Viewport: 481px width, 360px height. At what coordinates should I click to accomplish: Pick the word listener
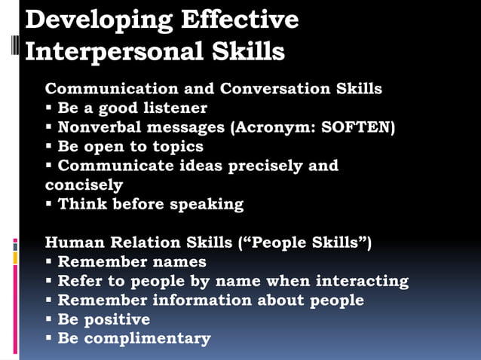click(x=173, y=108)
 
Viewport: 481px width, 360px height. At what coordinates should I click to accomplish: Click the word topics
click(x=176, y=146)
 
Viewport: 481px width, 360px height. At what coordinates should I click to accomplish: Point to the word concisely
click(x=84, y=185)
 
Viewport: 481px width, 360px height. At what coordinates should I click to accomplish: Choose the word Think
click(x=81, y=204)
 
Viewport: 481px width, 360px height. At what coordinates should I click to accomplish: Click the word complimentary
click(x=147, y=338)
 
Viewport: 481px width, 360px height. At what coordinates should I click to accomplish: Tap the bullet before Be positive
click(x=49, y=319)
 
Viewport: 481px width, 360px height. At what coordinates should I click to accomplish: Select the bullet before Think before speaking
click(x=49, y=204)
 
